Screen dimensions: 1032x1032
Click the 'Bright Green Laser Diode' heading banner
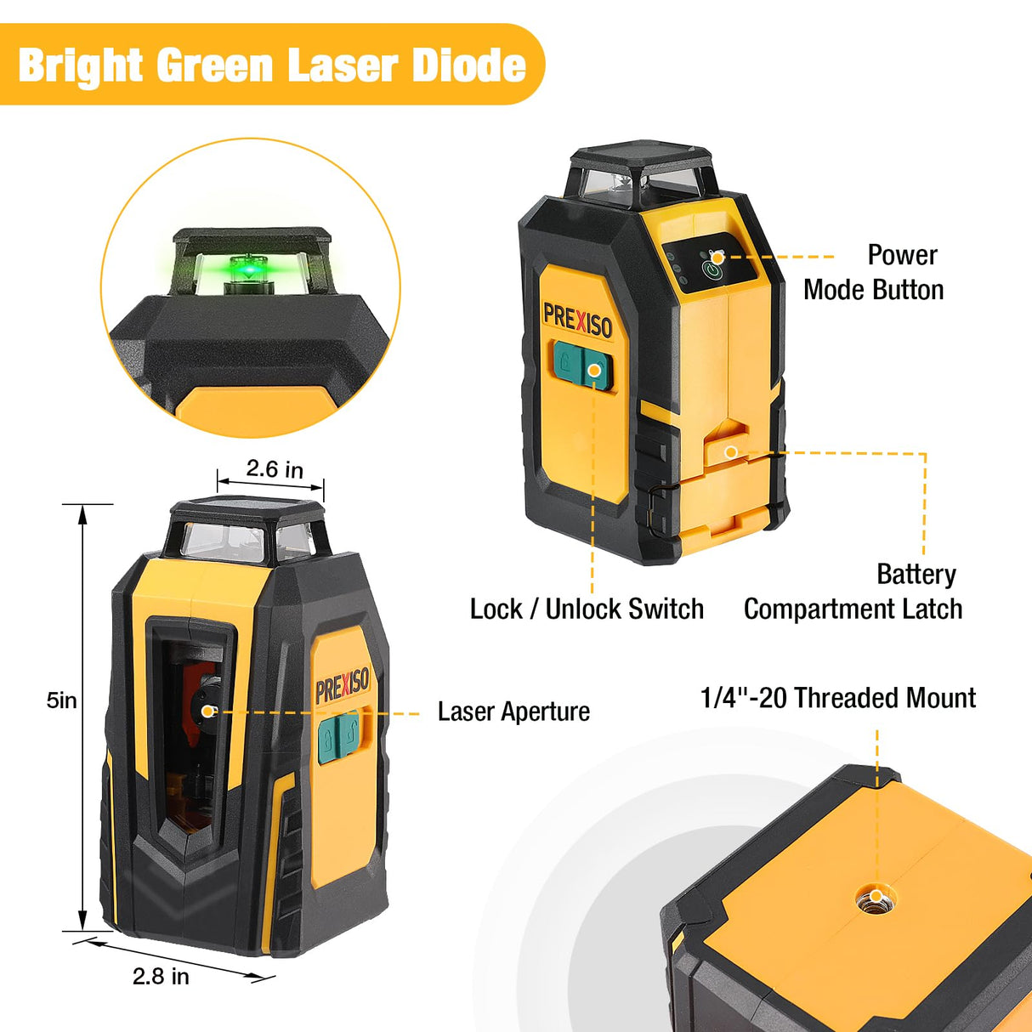click(x=271, y=65)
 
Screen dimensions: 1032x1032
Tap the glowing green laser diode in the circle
click(x=247, y=269)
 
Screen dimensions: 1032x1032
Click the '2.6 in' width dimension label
click(x=274, y=469)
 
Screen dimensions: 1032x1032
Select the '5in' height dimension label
click(x=61, y=700)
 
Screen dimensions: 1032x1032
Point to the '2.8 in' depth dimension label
click(x=161, y=976)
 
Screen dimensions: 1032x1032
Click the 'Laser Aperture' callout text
click(x=513, y=712)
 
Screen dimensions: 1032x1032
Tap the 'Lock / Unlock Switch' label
click(x=587, y=609)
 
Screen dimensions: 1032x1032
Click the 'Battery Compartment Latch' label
click(x=853, y=592)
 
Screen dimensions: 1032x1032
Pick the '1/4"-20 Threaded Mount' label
click(x=837, y=698)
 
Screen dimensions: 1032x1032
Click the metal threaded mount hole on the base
click(x=876, y=896)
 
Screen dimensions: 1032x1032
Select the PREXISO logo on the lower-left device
click(x=342, y=684)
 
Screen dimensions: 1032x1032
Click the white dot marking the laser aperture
click(x=207, y=711)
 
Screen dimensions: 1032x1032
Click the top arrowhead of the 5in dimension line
click(x=82, y=513)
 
